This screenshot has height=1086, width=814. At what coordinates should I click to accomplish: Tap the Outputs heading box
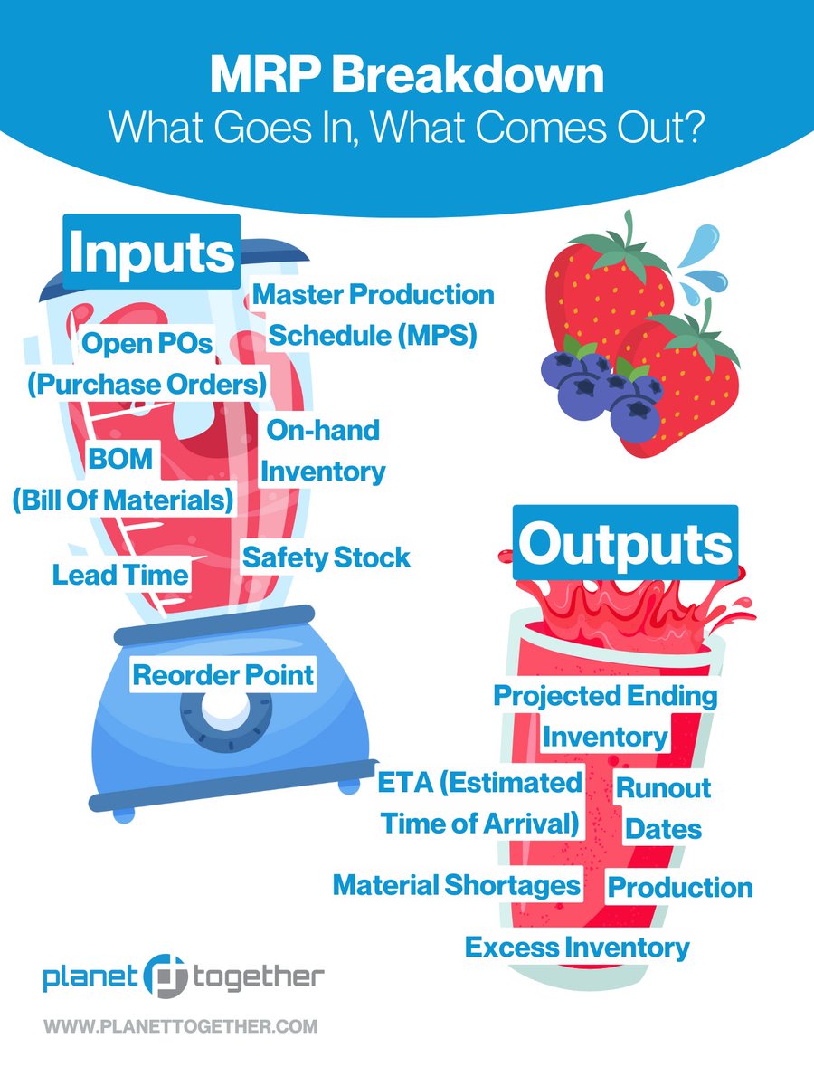coord(625,543)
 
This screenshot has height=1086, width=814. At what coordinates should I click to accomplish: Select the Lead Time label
coord(120,574)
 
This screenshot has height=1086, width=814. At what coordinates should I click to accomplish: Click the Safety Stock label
coord(326,557)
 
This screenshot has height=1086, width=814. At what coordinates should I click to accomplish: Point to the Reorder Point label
coord(223,674)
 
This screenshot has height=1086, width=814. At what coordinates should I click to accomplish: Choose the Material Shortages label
coord(457,884)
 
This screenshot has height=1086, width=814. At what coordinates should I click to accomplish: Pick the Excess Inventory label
coord(577,948)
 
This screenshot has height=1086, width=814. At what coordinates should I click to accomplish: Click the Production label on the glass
coord(680,887)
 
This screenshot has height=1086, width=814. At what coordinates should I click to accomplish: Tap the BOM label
coord(120,458)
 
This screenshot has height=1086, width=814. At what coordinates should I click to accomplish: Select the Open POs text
coord(147,343)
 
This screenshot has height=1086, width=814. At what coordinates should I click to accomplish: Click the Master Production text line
coord(374,294)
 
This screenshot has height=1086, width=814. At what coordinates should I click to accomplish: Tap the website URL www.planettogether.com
coord(180,1026)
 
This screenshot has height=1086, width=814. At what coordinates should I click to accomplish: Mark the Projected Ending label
coord(605,695)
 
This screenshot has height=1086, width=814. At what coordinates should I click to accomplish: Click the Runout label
coord(663,787)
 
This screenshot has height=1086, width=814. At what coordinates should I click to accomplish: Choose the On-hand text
coord(323,430)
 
